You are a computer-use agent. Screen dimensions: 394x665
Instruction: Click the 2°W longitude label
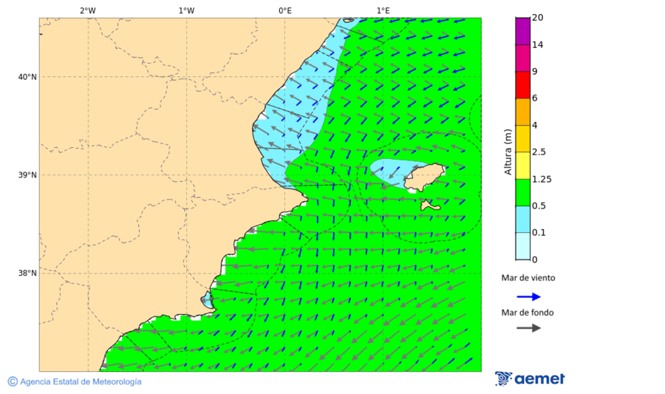point(87,10)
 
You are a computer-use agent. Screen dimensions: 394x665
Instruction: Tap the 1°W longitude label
point(186,10)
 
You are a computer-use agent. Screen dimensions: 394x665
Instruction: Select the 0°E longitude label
point(284,10)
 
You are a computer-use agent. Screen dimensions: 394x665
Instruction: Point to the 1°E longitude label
point(383,10)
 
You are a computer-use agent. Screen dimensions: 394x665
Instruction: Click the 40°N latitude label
point(27,77)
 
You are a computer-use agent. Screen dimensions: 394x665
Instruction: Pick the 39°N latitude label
point(27,175)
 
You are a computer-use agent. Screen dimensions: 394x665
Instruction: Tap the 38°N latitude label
point(27,274)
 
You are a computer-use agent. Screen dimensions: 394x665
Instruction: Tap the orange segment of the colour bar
point(522,112)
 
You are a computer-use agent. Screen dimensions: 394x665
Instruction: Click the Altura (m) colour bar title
point(508,152)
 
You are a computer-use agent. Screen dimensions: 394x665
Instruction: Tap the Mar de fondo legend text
point(528,313)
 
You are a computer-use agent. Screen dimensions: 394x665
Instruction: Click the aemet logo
point(530,378)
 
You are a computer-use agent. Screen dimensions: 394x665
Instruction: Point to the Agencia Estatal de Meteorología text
point(80,381)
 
